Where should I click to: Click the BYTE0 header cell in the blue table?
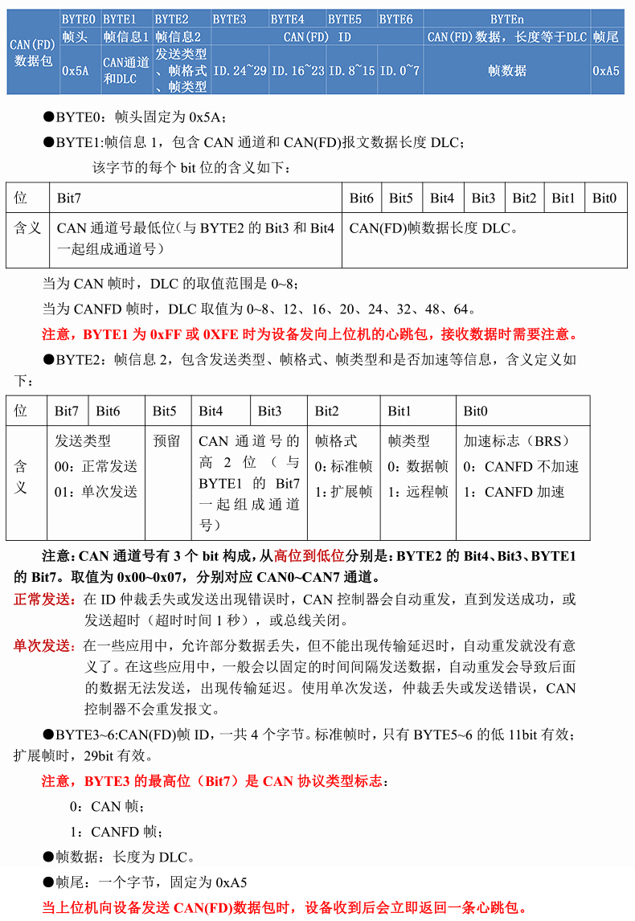point(79,18)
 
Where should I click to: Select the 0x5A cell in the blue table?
point(75,70)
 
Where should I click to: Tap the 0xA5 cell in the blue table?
point(606,70)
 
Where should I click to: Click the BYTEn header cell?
point(507,18)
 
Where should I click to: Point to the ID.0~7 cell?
point(400,70)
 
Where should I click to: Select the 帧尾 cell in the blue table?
point(606,37)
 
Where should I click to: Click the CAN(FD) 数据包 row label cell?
point(32,52)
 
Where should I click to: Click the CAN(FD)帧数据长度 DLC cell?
point(433,228)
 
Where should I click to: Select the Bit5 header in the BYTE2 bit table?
point(164,411)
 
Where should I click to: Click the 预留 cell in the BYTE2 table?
point(166,441)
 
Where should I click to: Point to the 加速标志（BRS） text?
point(516,441)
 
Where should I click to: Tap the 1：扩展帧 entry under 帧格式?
point(343,492)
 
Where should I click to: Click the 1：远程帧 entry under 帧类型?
point(418,492)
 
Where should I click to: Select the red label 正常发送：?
point(47,600)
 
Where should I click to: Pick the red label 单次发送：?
point(47,645)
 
